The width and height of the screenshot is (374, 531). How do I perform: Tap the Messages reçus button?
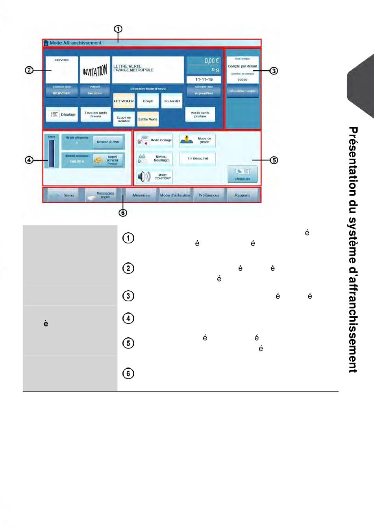point(102,195)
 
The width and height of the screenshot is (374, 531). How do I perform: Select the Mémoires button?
point(141,195)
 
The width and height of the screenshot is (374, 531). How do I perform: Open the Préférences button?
point(209,195)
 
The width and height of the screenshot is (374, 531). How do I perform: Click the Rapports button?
point(243,195)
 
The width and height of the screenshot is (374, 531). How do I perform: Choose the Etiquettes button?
point(243,174)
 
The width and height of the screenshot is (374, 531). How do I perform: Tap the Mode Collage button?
point(155,140)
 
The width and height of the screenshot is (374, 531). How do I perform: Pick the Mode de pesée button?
point(198,140)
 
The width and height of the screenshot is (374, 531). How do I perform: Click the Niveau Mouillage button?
point(155,158)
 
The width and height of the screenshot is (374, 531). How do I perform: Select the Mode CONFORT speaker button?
point(155,176)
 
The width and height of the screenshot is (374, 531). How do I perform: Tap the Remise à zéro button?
point(108,142)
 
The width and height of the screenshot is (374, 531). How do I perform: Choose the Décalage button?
point(62,115)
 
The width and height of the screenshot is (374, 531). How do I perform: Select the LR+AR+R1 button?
point(172,101)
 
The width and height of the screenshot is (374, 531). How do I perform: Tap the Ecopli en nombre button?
point(124,119)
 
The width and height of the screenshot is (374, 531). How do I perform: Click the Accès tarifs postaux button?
point(200,115)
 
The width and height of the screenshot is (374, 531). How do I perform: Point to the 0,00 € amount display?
point(204,61)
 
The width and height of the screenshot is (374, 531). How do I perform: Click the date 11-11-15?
point(204,80)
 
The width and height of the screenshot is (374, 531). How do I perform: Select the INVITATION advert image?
point(95,70)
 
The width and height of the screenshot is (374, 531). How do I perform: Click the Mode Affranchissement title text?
point(75,43)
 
